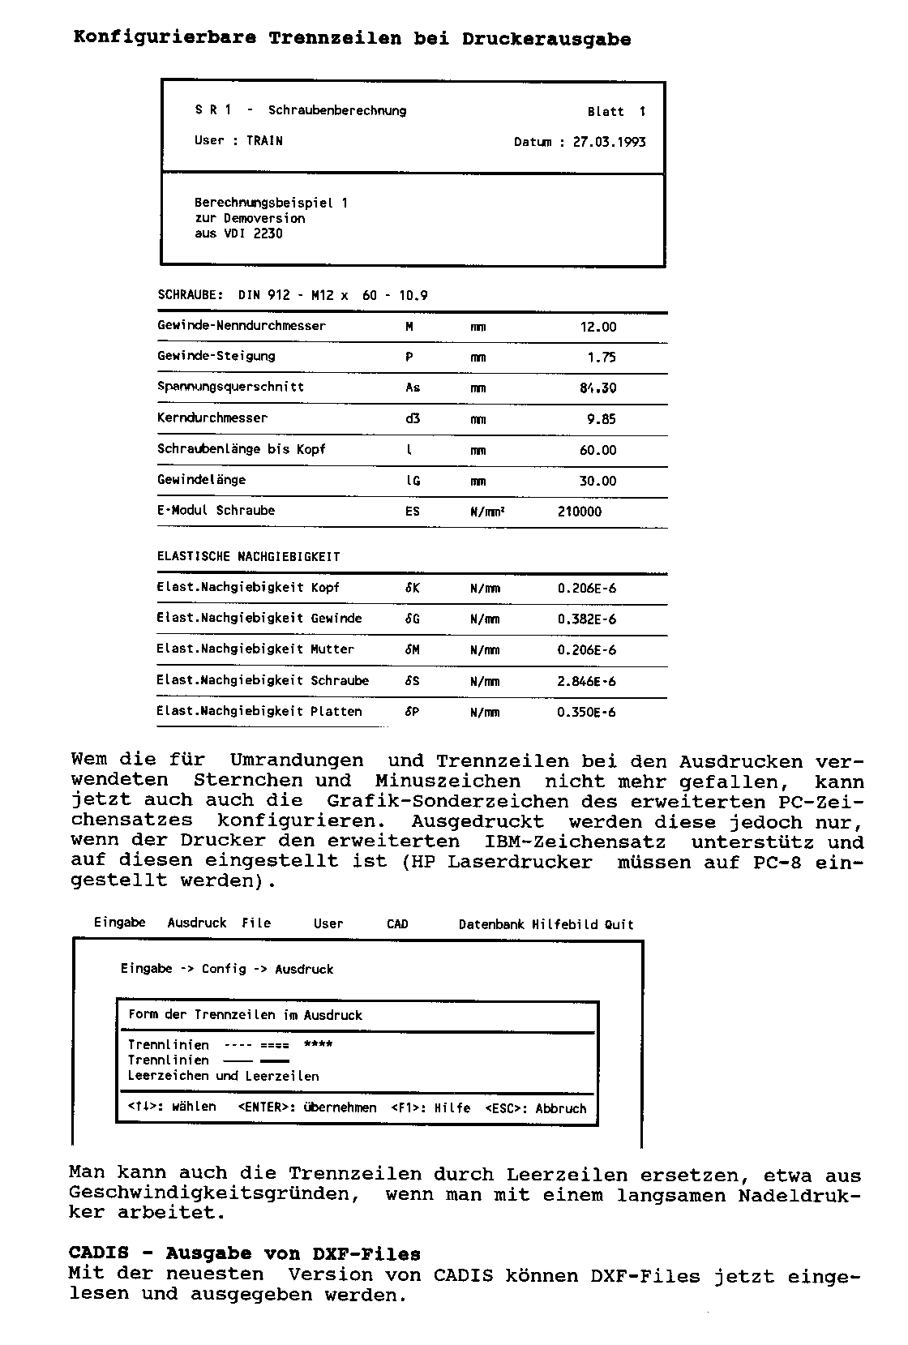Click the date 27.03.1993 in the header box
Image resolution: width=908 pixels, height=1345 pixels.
click(x=609, y=142)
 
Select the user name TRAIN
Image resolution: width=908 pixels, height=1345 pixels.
click(x=264, y=141)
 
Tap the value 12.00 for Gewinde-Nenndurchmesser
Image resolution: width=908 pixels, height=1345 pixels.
click(x=598, y=327)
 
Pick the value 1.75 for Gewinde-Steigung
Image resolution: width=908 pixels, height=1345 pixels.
click(x=602, y=358)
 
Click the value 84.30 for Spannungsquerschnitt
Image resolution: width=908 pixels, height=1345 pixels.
click(x=597, y=388)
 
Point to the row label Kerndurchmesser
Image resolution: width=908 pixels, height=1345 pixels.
click(x=212, y=418)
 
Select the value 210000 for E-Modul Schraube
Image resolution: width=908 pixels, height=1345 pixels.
click(x=580, y=512)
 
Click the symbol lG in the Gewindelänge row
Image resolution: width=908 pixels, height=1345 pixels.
click(x=413, y=481)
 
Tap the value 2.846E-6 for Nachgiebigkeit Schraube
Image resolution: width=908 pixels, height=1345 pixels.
click(x=586, y=681)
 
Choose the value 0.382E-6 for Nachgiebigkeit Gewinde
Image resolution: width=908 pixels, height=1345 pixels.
click(x=586, y=619)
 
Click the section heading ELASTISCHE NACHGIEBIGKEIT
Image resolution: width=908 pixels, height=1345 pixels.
click(x=248, y=557)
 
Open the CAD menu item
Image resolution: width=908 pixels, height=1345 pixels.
click(x=397, y=924)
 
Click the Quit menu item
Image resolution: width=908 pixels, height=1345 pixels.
click(x=619, y=924)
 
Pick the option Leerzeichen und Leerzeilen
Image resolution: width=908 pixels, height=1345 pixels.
click(x=223, y=1076)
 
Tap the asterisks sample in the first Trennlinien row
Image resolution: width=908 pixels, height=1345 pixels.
click(x=318, y=1044)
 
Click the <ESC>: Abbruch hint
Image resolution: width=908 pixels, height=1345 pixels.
click(x=536, y=1108)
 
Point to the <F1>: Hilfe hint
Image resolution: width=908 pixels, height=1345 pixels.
click(x=430, y=1108)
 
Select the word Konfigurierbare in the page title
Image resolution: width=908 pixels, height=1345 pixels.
click(x=165, y=38)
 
